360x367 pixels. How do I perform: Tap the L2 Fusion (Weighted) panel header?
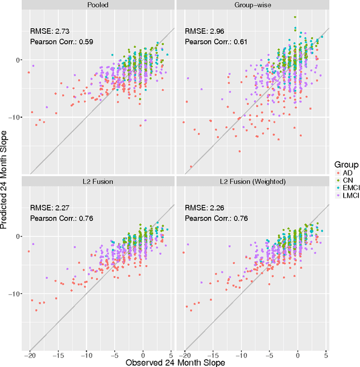[x=252, y=181]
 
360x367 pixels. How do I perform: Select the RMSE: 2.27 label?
[x=49, y=207]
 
